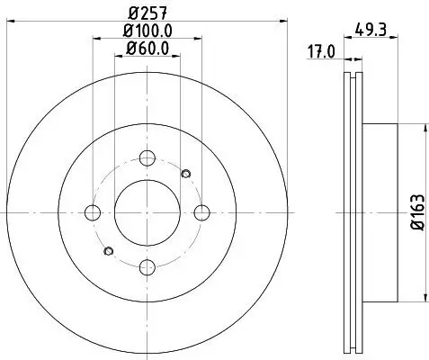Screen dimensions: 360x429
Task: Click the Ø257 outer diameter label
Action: (x=147, y=13)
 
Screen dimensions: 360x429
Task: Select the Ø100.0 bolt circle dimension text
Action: (x=147, y=31)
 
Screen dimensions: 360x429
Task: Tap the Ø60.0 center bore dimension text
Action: (x=147, y=50)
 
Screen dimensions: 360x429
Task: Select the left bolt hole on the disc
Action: (x=92, y=212)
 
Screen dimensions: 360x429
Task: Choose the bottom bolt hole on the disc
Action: (x=147, y=266)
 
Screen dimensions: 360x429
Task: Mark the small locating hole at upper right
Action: (x=185, y=174)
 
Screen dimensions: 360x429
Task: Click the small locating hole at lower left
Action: (x=108, y=251)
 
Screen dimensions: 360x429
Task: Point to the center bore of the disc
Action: (x=147, y=212)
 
